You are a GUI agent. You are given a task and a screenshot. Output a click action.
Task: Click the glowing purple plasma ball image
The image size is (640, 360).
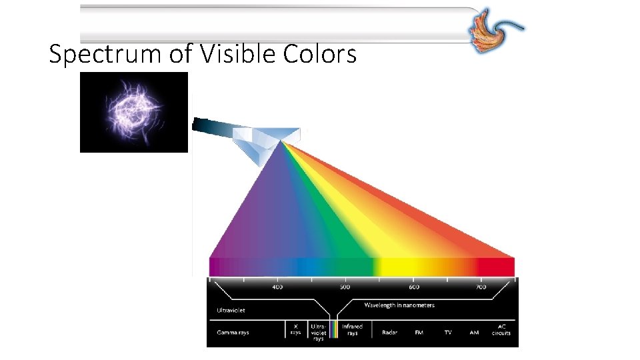tap(133, 112)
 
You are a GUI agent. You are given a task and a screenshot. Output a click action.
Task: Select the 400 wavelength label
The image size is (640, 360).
tap(277, 287)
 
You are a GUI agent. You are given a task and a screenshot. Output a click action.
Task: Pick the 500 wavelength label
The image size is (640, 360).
tap(344, 287)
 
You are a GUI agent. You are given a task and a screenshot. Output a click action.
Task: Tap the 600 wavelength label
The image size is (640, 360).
tap(414, 287)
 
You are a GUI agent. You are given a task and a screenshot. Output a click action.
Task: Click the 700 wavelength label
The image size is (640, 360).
tap(481, 287)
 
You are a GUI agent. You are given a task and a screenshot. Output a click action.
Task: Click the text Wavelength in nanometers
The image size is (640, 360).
tap(399, 305)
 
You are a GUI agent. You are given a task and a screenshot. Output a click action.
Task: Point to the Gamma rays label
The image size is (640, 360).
tap(233, 332)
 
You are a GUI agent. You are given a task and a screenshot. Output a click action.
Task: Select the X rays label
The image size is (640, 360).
tap(295, 329)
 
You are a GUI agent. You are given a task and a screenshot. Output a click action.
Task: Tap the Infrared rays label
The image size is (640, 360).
tap(352, 329)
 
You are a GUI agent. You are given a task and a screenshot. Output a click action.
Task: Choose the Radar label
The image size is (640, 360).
tap(390, 332)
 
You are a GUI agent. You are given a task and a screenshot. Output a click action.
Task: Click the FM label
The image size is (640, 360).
tap(419, 332)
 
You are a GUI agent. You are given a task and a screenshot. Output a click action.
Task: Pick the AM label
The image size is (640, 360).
tap(474, 332)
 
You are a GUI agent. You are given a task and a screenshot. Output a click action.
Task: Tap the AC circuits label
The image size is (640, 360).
tap(502, 329)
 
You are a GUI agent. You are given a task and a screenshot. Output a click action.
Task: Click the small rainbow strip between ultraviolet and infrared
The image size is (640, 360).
tap(334, 329)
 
